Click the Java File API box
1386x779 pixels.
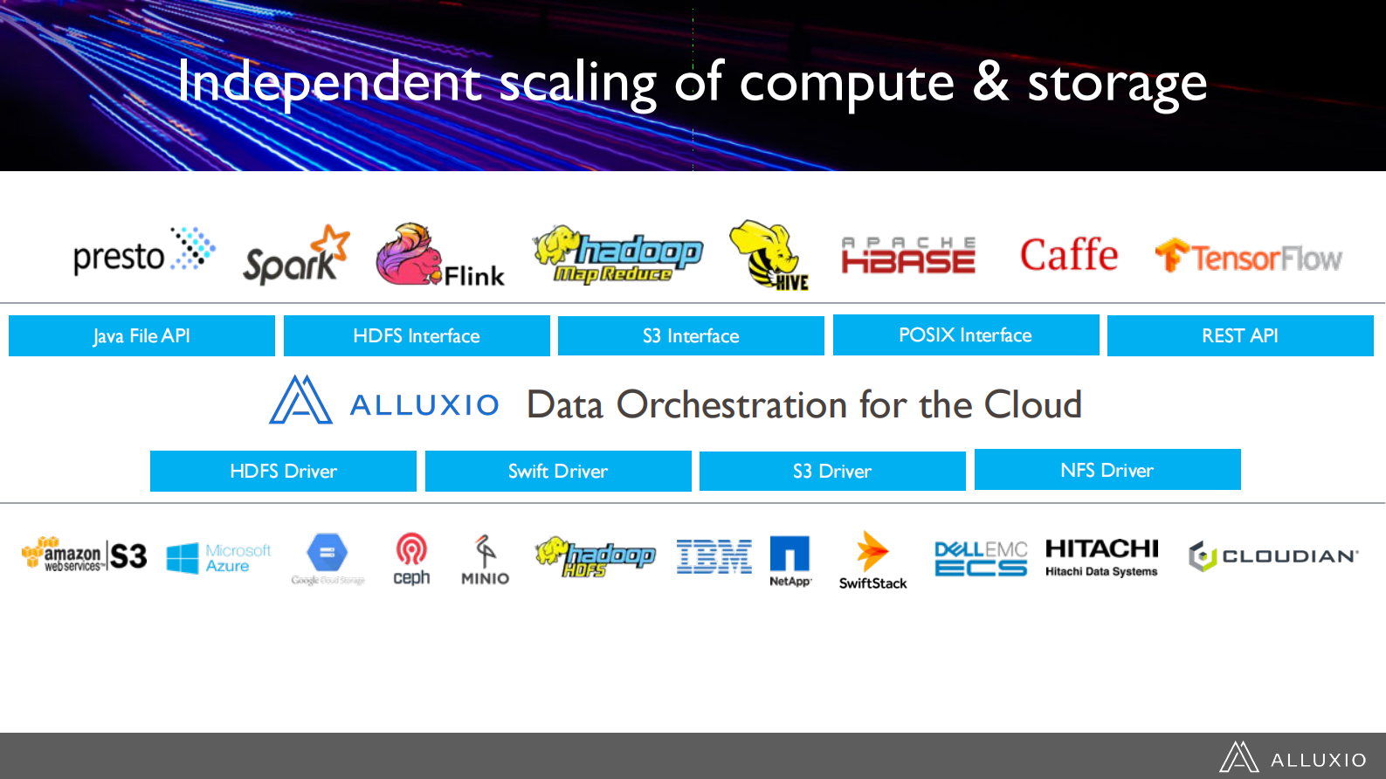point(141,336)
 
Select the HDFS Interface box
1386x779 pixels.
point(417,336)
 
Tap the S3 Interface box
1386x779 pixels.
point(691,336)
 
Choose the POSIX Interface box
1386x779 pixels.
point(966,335)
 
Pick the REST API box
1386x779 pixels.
point(1240,336)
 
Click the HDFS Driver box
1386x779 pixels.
point(283,472)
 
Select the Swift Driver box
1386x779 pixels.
point(558,472)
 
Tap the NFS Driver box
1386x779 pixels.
point(1107,470)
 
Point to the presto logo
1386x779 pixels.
point(143,253)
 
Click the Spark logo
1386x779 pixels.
point(295,256)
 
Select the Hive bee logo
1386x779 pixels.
point(769,255)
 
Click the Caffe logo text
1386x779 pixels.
point(1068,255)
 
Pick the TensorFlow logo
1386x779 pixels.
point(1248,257)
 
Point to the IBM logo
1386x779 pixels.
point(714,556)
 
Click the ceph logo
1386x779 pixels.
point(411,559)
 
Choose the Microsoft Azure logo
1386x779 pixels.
point(218,558)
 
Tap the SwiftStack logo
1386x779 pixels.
point(872,561)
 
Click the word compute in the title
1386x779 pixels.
point(846,84)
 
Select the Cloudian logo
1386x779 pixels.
point(1272,556)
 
